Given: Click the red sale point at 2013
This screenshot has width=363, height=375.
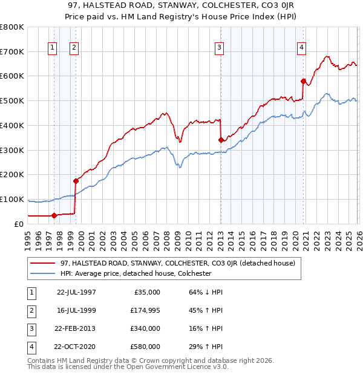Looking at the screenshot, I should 221,140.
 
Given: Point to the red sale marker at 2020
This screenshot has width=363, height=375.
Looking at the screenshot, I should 303,80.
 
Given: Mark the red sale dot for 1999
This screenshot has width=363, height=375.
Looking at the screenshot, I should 76,180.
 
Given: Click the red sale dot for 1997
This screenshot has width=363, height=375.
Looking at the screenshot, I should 54,215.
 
